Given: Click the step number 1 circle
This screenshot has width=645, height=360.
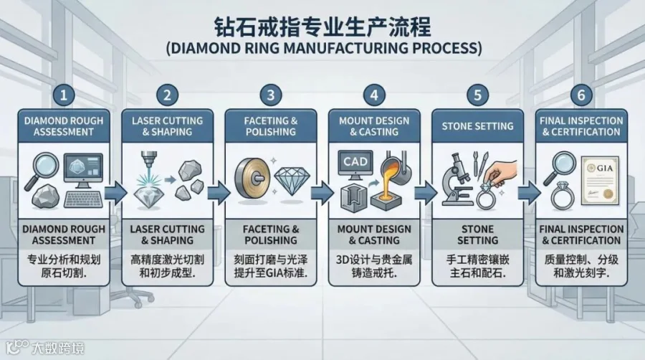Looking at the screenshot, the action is pos(63,95).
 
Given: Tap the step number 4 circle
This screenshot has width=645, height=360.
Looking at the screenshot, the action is pos(374,95).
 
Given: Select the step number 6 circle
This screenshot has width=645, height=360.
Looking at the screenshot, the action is pos(580,95).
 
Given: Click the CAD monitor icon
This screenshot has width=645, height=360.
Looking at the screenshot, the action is pos(355,164).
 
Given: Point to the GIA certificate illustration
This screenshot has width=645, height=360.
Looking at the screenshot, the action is pos(600,181).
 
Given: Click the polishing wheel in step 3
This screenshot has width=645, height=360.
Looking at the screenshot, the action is pos(252,179).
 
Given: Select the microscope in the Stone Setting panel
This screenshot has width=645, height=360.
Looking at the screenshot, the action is pos(457,179).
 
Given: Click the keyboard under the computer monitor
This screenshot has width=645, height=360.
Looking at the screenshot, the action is pos(83,199).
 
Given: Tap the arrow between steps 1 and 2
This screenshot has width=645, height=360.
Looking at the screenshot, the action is pos(115,192).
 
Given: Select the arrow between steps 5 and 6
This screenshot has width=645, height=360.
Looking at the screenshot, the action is pos(530,192).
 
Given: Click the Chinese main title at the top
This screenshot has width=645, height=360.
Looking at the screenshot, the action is pos(322,27).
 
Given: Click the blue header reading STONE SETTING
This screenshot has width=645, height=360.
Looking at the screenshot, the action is pos(477,126).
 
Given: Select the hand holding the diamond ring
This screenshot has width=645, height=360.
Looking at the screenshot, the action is pos(500,171).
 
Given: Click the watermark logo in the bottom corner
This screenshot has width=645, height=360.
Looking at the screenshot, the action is pos(17,347).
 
